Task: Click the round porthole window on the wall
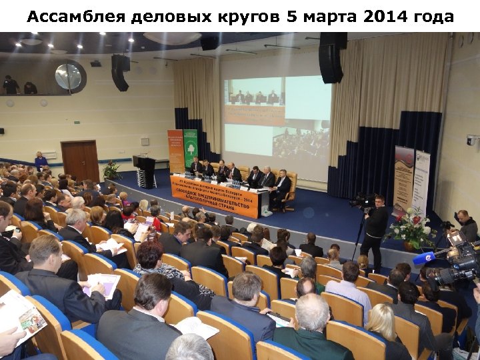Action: point(69,77)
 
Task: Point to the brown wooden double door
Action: point(80,160)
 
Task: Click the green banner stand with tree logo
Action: point(191,147)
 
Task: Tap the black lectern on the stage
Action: point(145,171)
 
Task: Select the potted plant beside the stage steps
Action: point(111,171)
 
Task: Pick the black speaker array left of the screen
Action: point(120,71)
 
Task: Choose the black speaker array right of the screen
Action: point(331,58)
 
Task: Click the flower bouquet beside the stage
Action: point(411,227)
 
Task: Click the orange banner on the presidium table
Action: point(215,195)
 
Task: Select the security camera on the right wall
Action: point(471,140)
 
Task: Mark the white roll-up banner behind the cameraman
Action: point(421,180)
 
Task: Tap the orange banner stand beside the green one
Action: point(175,151)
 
